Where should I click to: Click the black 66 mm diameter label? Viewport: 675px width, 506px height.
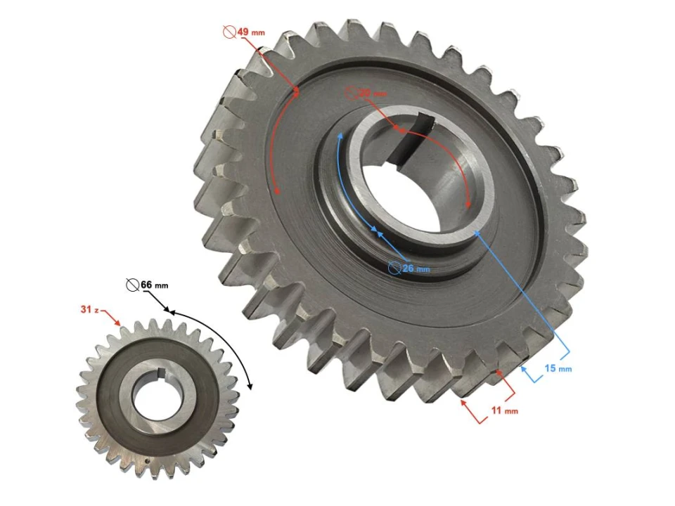pos(154,285)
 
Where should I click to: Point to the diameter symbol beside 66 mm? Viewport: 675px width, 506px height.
pos(131,285)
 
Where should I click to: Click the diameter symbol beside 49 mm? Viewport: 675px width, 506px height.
pos(228,32)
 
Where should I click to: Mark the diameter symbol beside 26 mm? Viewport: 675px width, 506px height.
pos(395,268)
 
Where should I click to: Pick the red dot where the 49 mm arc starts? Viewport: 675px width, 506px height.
pos(296,90)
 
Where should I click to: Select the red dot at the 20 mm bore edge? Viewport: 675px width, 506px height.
pos(396,129)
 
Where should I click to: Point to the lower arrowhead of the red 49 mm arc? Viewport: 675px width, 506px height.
pos(277,190)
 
